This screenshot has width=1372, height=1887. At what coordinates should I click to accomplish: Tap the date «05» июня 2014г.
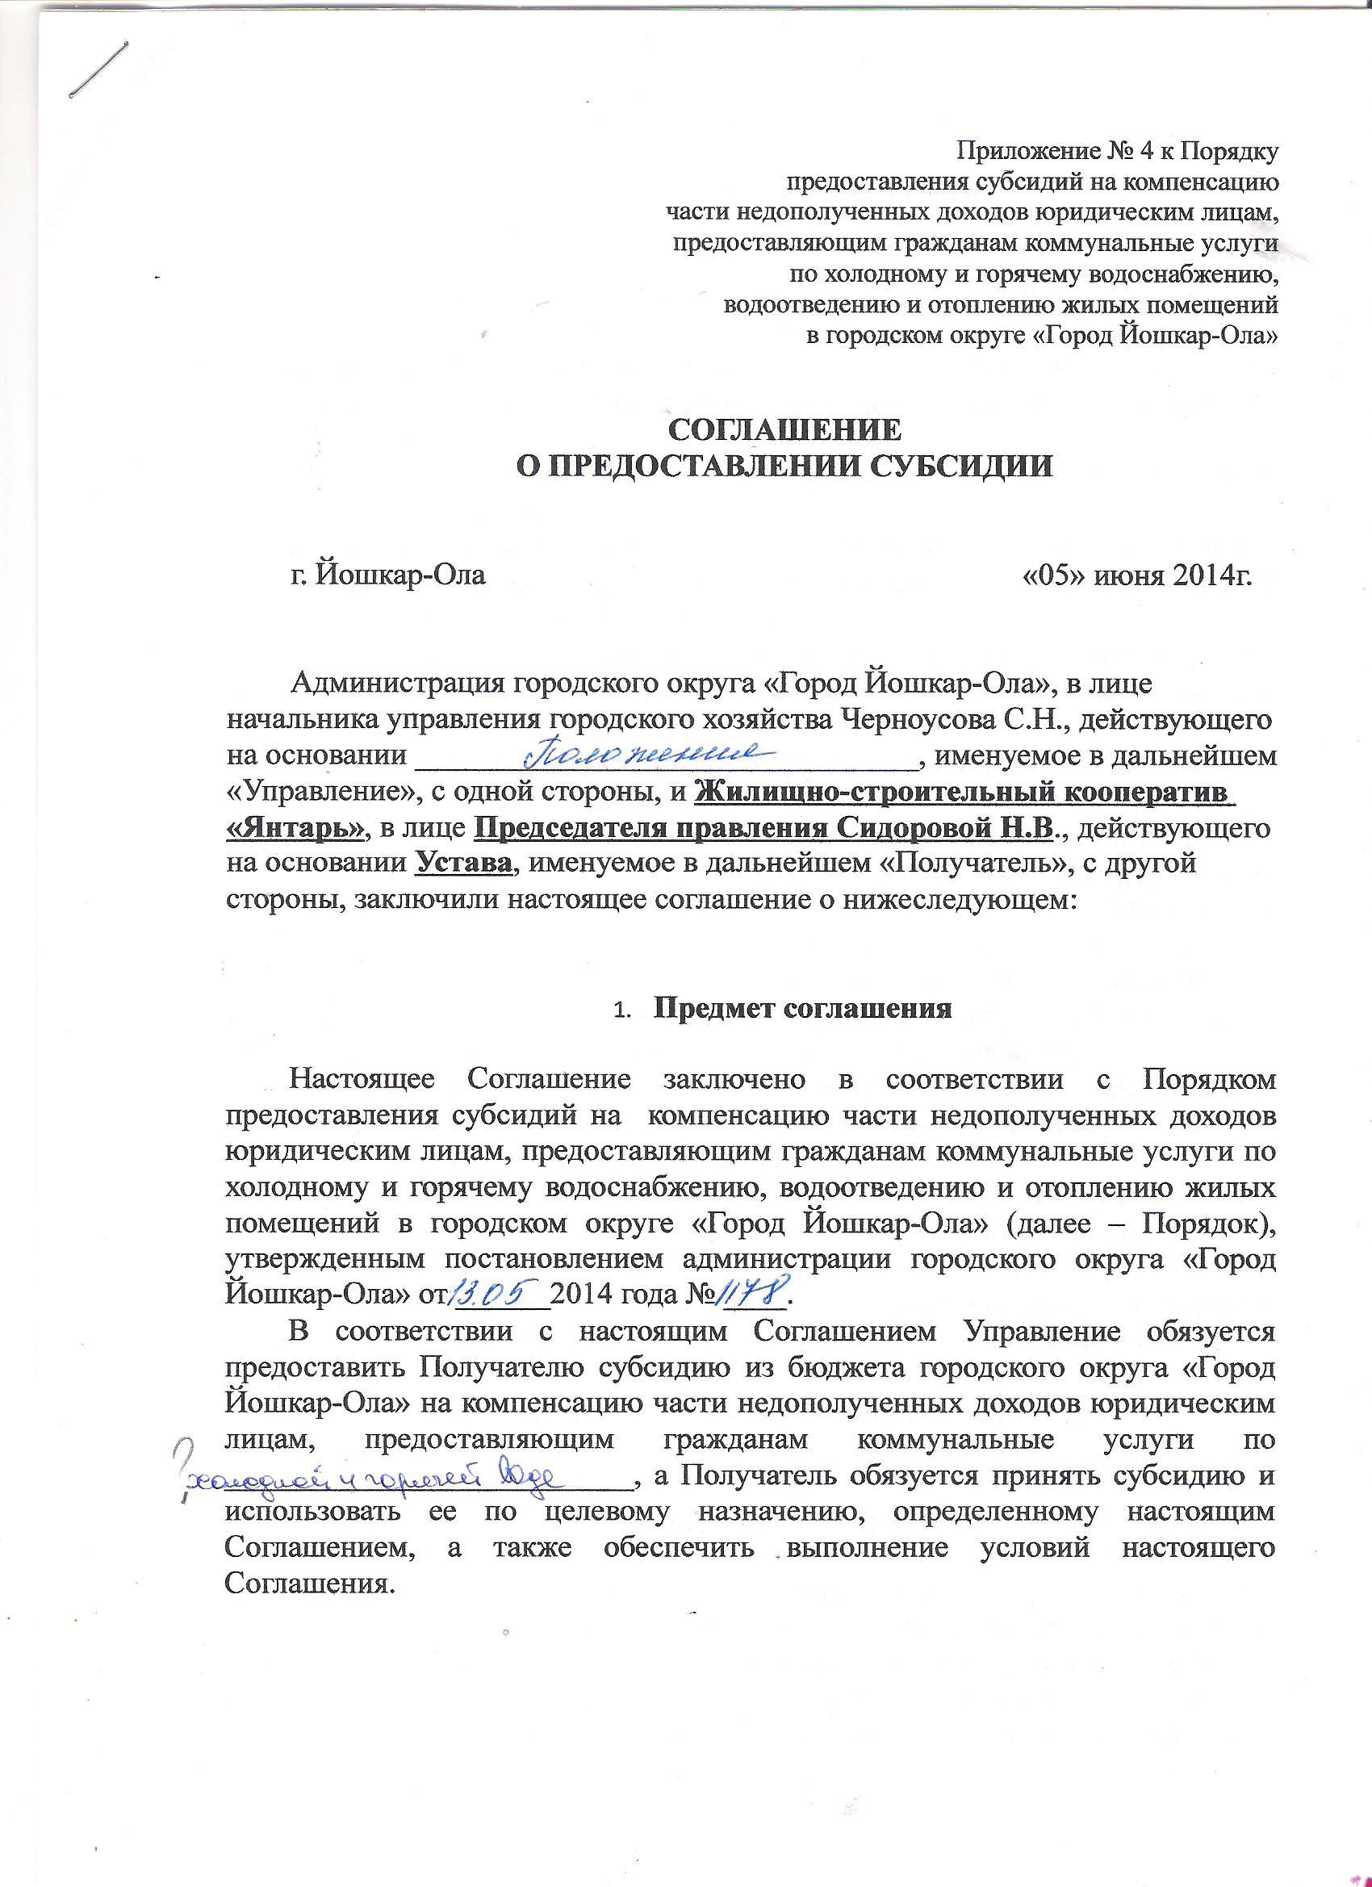[1135, 575]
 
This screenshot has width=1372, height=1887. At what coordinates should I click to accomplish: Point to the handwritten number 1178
[755, 1295]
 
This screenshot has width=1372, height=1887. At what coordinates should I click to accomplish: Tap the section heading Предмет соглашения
[803, 1009]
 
